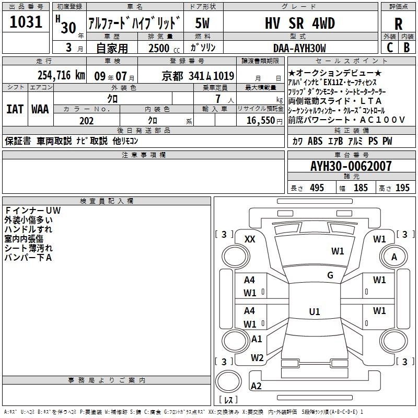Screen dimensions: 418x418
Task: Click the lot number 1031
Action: [x=26, y=22]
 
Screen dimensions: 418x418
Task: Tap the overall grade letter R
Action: [x=398, y=24]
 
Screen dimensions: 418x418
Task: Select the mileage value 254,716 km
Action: [x=61, y=75]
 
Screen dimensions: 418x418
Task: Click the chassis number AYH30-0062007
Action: [x=351, y=166]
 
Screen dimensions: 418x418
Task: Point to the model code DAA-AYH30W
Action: [x=299, y=48]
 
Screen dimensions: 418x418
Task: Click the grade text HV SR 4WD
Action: [x=300, y=23]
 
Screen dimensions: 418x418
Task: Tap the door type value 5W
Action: [x=202, y=23]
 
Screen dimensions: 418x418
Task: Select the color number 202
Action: [x=86, y=121]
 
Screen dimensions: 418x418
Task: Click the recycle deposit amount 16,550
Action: [x=261, y=121]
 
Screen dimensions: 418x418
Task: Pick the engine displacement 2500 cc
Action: [x=164, y=48]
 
